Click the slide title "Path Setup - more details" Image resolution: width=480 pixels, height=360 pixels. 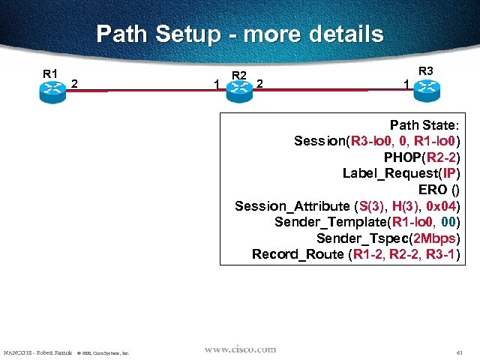(x=240, y=34)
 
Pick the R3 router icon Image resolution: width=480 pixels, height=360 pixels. (x=425, y=88)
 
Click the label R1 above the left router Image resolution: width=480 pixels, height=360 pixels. (x=50, y=73)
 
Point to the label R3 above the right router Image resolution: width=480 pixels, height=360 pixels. (x=425, y=71)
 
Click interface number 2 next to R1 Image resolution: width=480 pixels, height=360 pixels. (x=74, y=83)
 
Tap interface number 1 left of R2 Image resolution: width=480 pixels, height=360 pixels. (x=217, y=85)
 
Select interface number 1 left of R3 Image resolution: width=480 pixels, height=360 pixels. (x=406, y=85)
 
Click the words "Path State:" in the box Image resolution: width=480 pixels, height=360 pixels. (x=425, y=124)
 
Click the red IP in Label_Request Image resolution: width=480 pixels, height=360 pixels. (x=450, y=173)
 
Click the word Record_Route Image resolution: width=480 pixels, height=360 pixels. (x=298, y=254)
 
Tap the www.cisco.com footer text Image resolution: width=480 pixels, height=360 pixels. (x=240, y=349)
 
